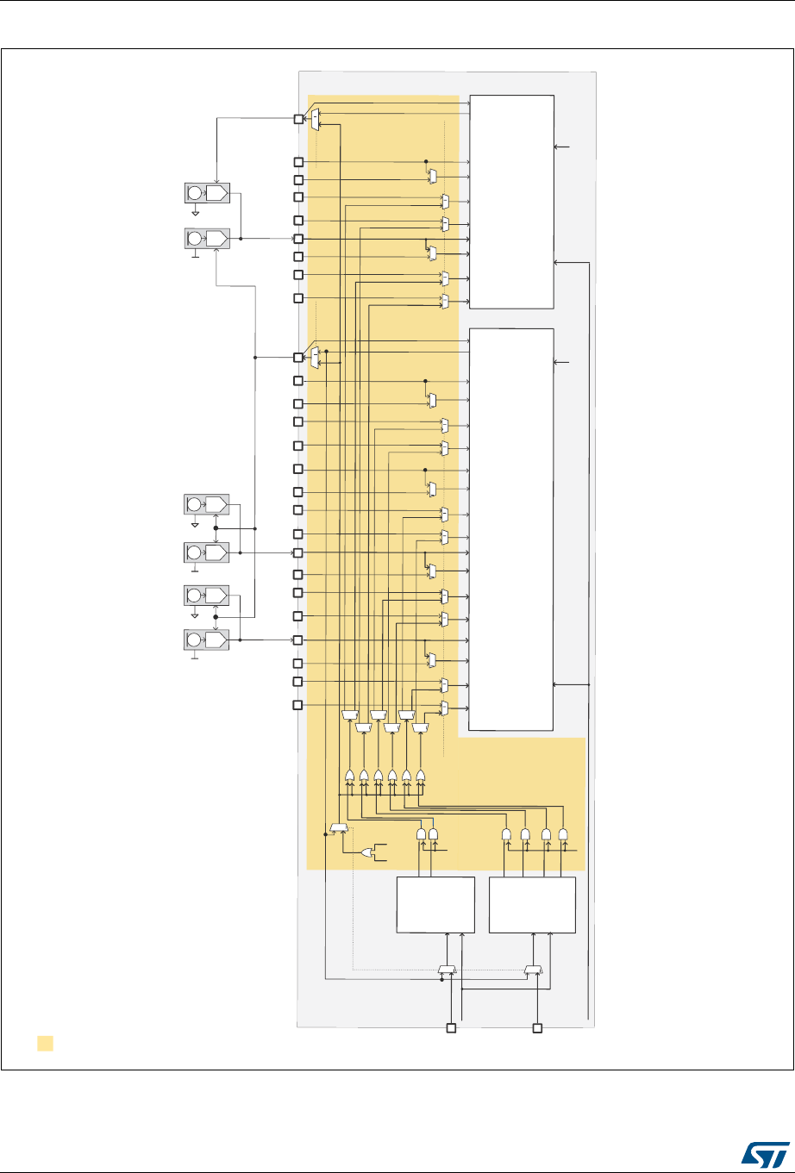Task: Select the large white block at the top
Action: [511, 201]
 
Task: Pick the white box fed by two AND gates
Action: [435, 905]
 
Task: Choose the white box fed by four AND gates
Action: [532, 905]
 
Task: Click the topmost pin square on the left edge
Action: [298, 119]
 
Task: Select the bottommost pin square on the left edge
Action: [298, 706]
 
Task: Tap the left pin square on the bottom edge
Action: [450, 1028]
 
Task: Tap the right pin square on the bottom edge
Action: [537, 1028]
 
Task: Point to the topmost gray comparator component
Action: [207, 193]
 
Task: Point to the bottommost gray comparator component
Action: [207, 640]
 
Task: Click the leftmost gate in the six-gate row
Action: [349, 776]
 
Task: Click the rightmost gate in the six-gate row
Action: [420, 776]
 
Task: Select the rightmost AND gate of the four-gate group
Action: [563, 834]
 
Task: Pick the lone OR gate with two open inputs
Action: [368, 852]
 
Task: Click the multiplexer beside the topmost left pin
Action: [315, 119]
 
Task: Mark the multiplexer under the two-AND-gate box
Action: [446, 971]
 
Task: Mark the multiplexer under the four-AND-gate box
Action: [533, 971]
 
